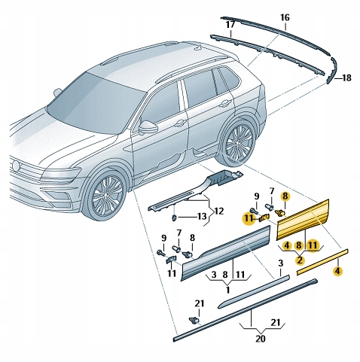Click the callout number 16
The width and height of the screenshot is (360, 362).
(285, 18)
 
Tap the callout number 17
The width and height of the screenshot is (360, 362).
(230, 25)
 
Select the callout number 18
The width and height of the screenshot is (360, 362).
(346, 78)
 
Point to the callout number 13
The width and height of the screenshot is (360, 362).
(202, 217)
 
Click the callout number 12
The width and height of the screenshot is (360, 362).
(218, 211)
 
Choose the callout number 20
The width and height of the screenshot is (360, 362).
(261, 339)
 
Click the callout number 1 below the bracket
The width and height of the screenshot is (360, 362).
(228, 290)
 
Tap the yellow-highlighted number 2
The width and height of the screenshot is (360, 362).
(300, 260)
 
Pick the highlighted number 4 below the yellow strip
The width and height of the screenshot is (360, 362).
(338, 271)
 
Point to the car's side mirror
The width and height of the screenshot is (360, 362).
(148, 127)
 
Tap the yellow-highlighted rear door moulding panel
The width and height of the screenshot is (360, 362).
(303, 220)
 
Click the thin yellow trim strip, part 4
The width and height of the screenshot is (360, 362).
(322, 262)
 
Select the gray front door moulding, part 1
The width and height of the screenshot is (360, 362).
(225, 253)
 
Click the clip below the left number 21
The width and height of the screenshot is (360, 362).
(194, 320)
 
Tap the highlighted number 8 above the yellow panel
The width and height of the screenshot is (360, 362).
(285, 196)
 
